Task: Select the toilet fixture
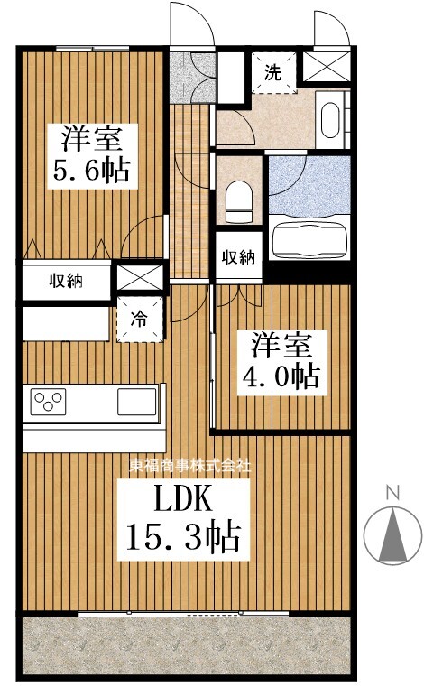coord(239,200)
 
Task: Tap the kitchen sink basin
coord(136,401)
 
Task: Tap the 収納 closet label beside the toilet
coord(237,257)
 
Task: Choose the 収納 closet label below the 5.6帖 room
coord(66,280)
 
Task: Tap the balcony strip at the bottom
coord(184,645)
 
